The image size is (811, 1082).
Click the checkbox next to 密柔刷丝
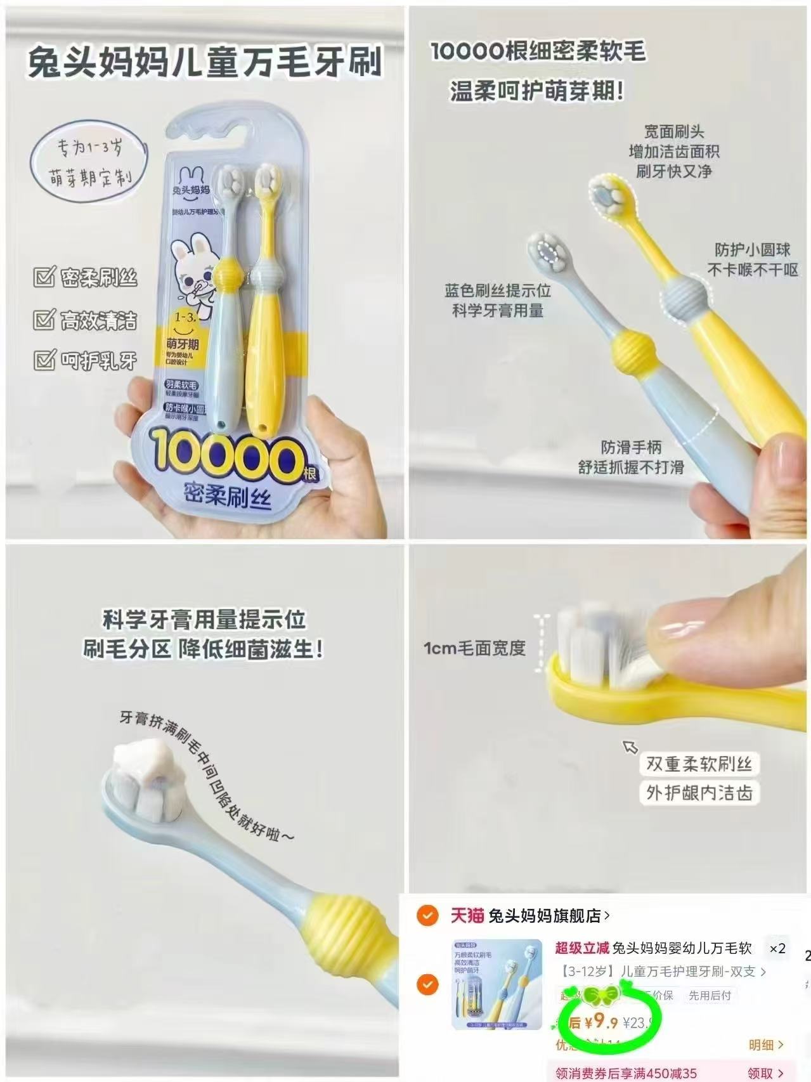[44, 277]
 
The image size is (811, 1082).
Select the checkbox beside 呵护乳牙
[44, 360]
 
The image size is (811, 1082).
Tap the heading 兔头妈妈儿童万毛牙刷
[204, 62]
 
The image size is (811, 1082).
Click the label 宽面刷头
[673, 132]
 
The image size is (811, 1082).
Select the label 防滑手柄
[631, 447]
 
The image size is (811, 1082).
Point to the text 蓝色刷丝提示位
[497, 290]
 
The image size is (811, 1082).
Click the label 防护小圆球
[753, 249]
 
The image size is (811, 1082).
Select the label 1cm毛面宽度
[474, 648]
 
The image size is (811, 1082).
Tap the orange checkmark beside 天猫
[428, 915]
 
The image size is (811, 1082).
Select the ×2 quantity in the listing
[777, 949]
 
